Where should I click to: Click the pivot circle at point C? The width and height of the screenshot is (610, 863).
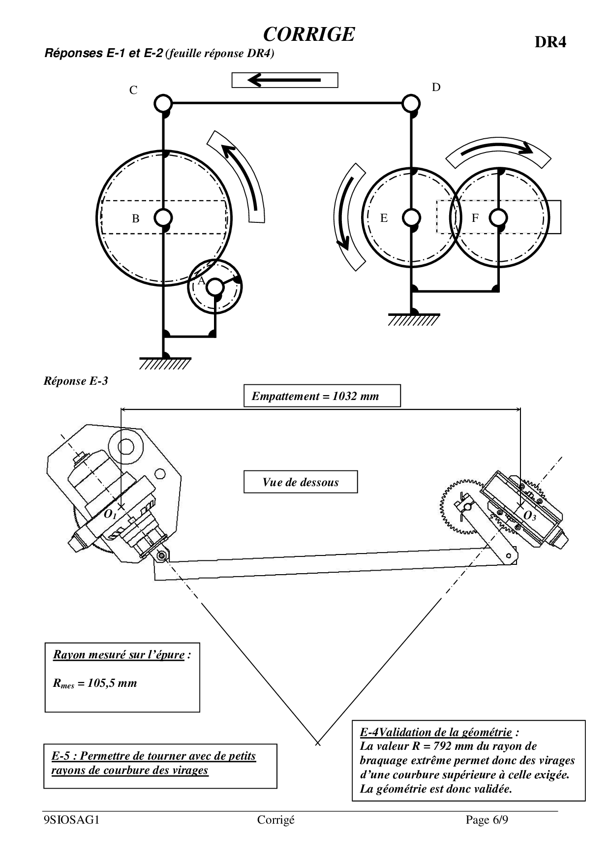pyautogui.click(x=162, y=104)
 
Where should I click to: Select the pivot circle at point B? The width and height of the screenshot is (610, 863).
pyautogui.click(x=163, y=217)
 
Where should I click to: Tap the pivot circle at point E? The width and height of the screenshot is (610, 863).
pyautogui.click(x=411, y=217)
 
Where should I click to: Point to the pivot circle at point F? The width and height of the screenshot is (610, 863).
pyautogui.click(x=499, y=217)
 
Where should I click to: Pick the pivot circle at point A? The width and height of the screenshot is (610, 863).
pyautogui.click(x=215, y=287)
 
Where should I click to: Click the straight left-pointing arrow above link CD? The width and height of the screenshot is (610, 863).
pyautogui.click(x=284, y=80)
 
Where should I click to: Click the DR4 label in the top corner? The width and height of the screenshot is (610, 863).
pyautogui.click(x=550, y=42)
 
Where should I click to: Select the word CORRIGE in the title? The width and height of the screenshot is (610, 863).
pyautogui.click(x=309, y=34)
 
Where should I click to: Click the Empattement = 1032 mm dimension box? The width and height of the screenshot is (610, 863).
pyautogui.click(x=322, y=396)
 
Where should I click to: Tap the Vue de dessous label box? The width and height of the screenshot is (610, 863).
pyautogui.click(x=301, y=482)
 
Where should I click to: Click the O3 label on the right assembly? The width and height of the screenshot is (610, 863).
pyautogui.click(x=529, y=516)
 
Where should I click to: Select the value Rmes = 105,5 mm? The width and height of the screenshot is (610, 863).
pyautogui.click(x=95, y=683)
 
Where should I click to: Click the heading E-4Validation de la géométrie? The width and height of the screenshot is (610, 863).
pyautogui.click(x=436, y=732)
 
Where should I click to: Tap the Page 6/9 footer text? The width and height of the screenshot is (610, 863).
pyautogui.click(x=487, y=820)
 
